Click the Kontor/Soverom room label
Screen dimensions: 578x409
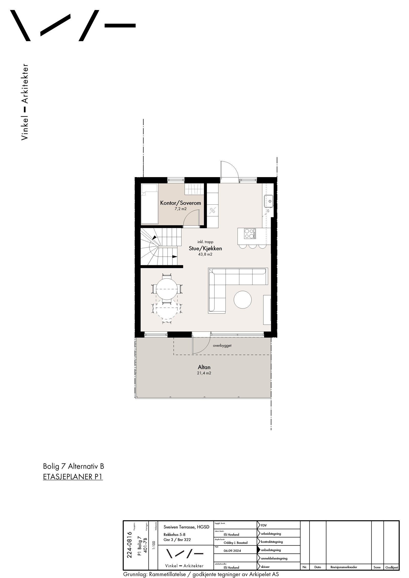[x=180, y=203]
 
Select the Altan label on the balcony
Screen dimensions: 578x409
[x=204, y=367]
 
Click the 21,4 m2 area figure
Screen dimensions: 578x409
[x=204, y=373]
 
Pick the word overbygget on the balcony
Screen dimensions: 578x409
[x=222, y=345]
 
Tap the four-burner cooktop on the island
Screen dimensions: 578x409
[x=249, y=233]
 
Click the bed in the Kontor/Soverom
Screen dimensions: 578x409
[x=149, y=203]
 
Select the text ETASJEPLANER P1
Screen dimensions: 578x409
[x=73, y=477]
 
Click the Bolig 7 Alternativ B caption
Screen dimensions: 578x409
[x=73, y=466]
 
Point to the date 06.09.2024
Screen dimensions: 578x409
[x=232, y=551]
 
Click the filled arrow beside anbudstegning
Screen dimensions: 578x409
[x=259, y=550]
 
